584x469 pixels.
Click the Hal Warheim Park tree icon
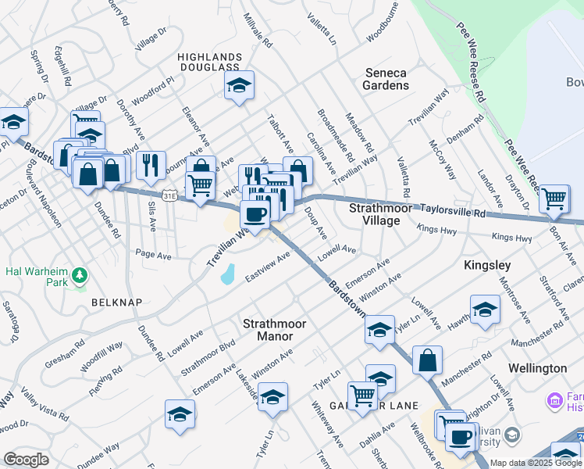coord(79,276)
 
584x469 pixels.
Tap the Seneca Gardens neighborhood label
coord(386,79)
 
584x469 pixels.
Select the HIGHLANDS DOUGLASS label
coord(208,63)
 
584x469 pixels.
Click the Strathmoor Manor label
coord(273,329)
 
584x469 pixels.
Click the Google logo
coord(26,460)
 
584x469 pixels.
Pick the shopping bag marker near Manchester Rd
coord(427,360)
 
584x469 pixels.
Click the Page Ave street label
coord(153,255)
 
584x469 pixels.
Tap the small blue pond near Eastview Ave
coord(227,274)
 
